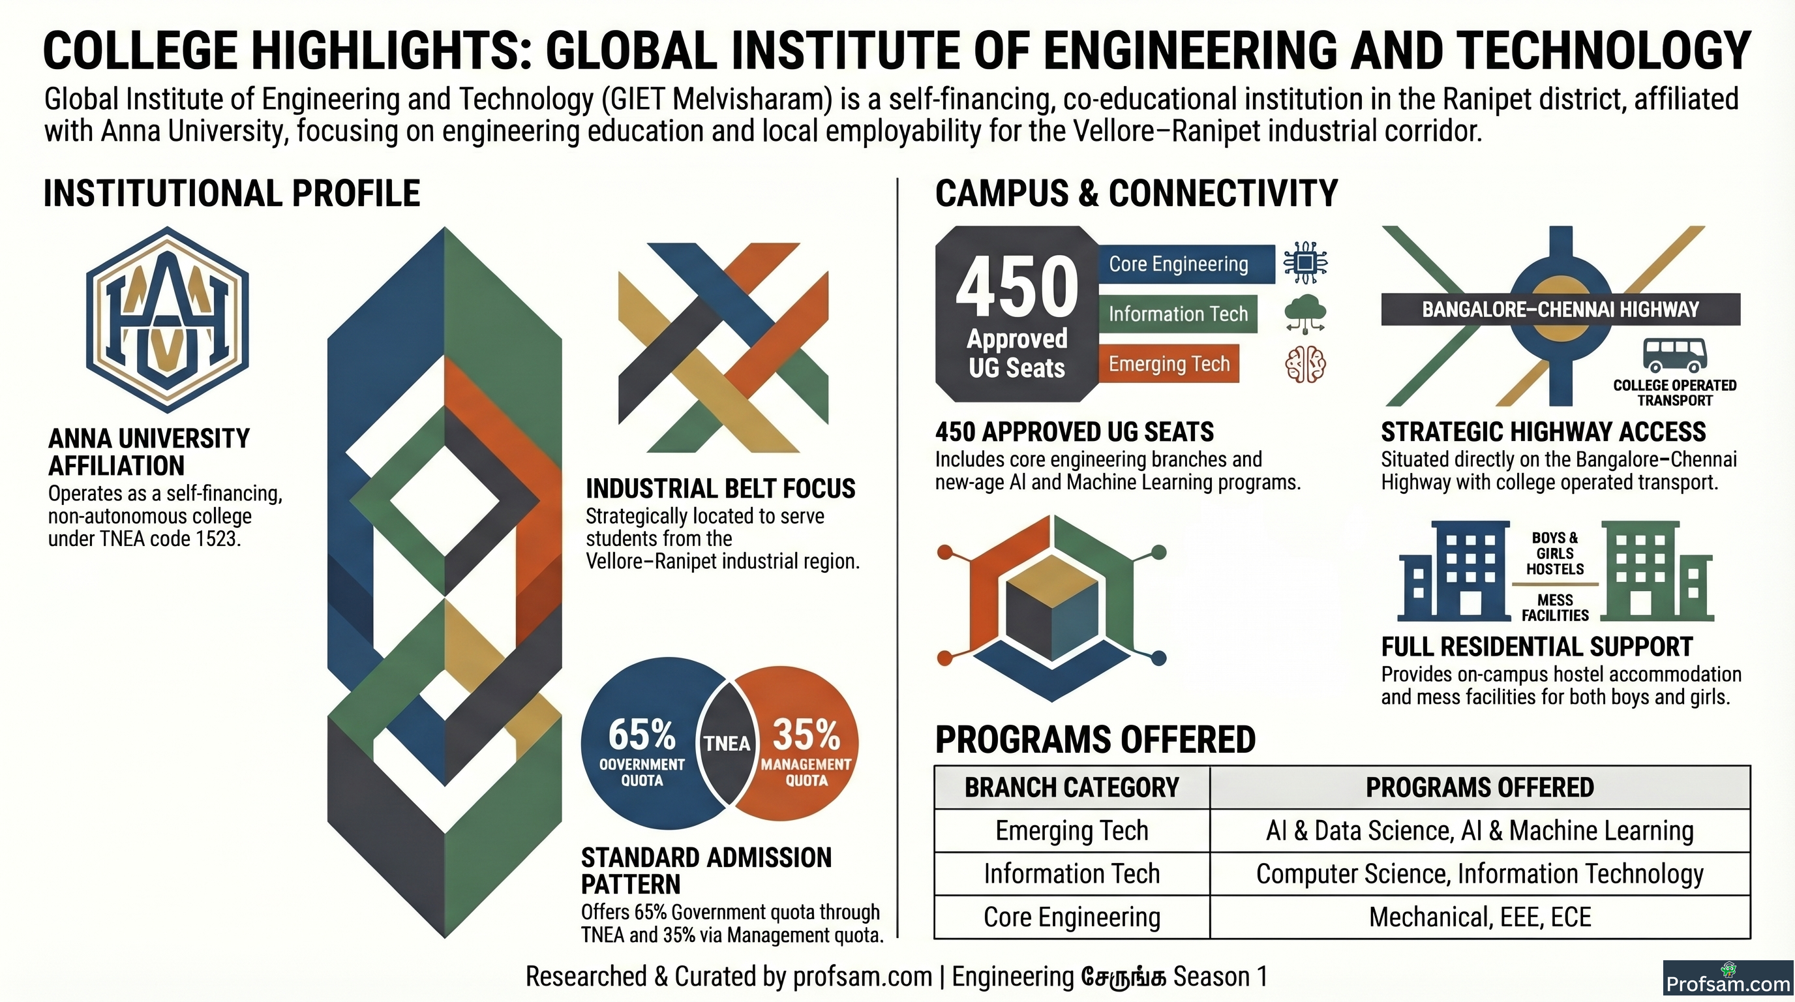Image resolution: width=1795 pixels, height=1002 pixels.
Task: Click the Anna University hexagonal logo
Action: tap(167, 319)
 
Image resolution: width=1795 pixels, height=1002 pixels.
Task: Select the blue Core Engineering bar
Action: tap(1186, 264)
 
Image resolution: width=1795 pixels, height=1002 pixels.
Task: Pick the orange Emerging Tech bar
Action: tap(1169, 364)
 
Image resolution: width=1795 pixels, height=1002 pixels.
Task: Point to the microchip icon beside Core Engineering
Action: tap(1305, 263)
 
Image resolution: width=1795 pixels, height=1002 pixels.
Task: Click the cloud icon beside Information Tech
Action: tap(1305, 314)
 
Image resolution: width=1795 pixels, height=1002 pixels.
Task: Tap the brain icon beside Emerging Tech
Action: tap(1305, 364)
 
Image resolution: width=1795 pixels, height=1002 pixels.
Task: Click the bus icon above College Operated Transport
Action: tap(1674, 355)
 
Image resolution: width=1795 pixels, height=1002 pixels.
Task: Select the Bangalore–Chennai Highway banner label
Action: tap(1560, 309)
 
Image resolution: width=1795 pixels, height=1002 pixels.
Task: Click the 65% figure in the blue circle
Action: tap(642, 734)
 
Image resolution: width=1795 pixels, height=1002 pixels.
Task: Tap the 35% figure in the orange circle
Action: tap(806, 734)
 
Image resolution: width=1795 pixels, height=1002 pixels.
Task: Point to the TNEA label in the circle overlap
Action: tap(727, 744)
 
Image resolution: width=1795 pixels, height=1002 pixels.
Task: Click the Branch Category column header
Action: tap(1072, 787)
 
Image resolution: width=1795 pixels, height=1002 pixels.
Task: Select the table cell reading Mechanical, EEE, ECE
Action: tap(1480, 917)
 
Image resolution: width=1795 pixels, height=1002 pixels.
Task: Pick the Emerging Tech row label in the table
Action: tap(1072, 830)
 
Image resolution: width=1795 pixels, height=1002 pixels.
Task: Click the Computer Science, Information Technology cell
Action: tap(1480, 873)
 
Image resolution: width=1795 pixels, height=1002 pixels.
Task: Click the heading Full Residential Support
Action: tap(1537, 646)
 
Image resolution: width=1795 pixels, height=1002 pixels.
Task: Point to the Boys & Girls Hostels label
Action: tap(1555, 553)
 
